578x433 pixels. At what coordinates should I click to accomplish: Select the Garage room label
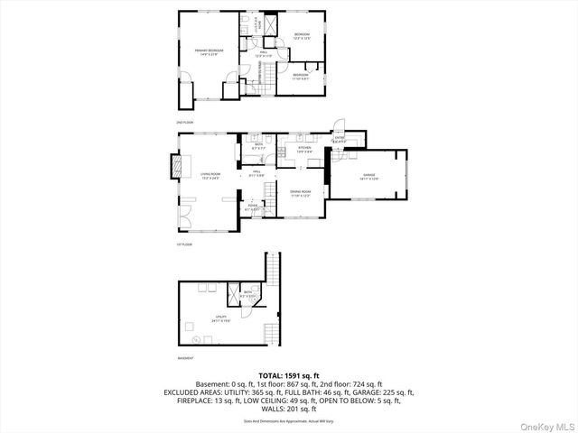click(x=368, y=176)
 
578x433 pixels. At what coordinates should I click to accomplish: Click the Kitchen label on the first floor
click(x=304, y=149)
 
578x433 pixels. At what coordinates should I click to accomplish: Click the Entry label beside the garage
click(x=340, y=141)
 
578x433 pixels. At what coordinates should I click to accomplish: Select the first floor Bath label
click(x=258, y=146)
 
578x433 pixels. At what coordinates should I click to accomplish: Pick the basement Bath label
click(x=248, y=294)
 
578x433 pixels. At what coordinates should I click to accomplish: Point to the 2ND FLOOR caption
click(x=186, y=121)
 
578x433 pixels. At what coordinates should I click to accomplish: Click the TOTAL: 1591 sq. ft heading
click(x=289, y=374)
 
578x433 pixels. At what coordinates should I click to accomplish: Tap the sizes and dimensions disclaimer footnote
click(x=289, y=420)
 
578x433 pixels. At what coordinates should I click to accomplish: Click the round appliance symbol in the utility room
click(x=195, y=340)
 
